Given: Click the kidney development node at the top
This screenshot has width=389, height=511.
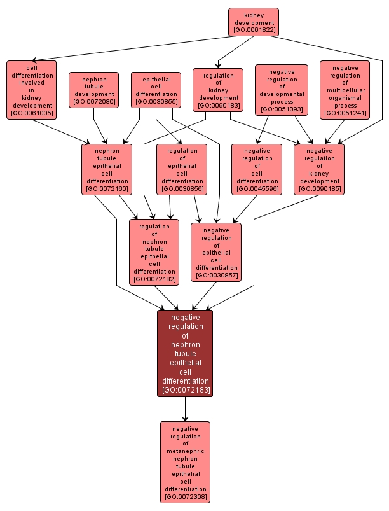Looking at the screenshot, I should point(254,22).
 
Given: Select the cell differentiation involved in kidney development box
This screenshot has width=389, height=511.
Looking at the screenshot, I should point(31,90).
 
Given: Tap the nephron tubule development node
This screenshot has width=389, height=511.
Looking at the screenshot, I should point(93,90).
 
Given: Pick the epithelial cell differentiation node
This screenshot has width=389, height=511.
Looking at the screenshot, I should point(156,90).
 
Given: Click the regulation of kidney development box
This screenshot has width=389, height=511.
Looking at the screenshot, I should point(218,90).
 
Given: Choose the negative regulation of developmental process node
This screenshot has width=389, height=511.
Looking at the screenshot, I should point(282,90).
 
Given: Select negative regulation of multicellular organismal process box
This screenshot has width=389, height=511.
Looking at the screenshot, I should point(345,90).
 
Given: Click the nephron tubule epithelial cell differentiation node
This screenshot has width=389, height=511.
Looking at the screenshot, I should point(107,169).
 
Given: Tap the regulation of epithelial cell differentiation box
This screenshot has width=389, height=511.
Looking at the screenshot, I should point(182,169).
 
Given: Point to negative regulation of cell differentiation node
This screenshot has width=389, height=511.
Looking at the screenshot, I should point(257,169).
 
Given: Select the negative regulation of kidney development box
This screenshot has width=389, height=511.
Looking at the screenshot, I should point(319,169).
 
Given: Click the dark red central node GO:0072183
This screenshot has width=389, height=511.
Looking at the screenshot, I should point(185,353).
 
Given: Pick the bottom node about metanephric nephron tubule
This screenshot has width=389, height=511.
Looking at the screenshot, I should point(185,462).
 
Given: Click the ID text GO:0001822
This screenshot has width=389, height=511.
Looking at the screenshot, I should point(254,30).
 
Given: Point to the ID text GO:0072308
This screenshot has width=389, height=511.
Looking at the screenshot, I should point(185,496).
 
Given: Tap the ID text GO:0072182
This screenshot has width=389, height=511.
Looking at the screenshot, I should point(154,279).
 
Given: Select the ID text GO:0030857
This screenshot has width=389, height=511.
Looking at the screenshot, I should point(216,276).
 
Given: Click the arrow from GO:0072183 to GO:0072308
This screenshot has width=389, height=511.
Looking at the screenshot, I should point(185,409).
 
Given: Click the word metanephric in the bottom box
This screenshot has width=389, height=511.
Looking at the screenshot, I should point(185,451).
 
